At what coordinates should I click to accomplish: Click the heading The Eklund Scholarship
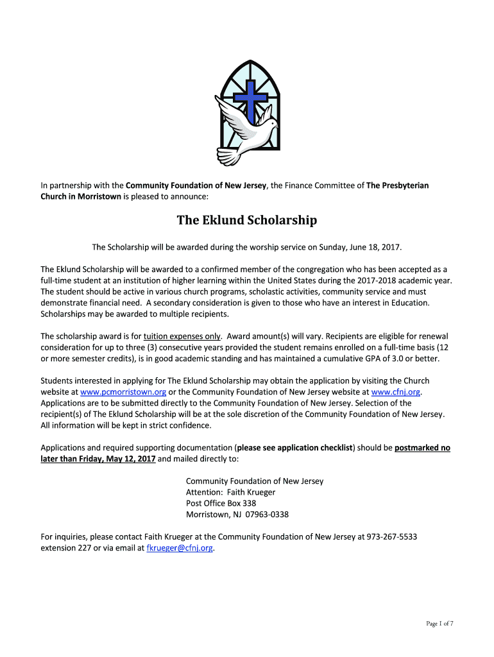point(247,221)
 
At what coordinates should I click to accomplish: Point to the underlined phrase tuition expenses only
point(182,336)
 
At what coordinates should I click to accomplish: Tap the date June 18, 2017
point(377,247)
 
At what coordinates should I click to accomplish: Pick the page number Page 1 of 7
point(440,624)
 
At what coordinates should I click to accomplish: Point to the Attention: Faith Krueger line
point(230,492)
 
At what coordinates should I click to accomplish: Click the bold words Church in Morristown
point(81,197)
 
